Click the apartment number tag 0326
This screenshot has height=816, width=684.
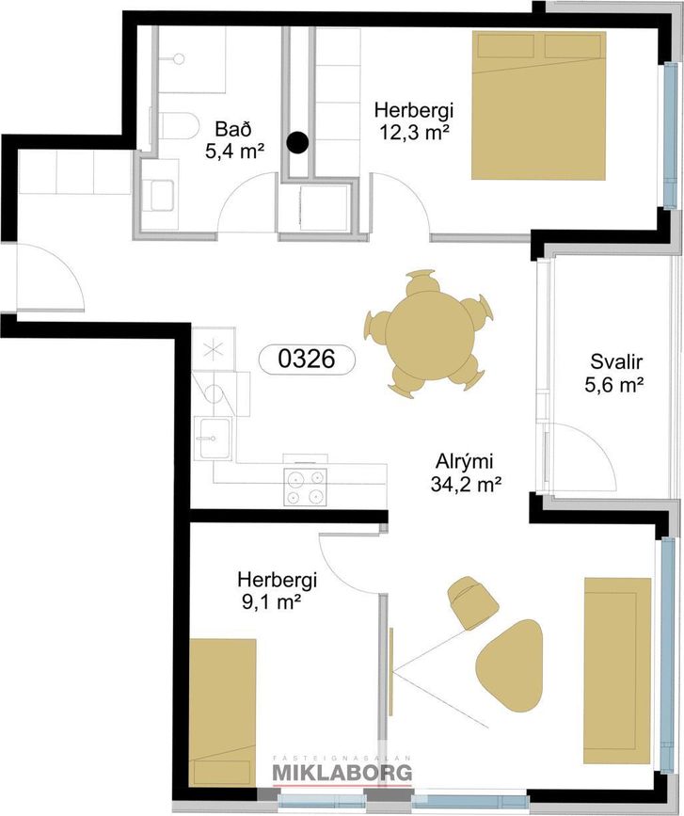click(307, 360)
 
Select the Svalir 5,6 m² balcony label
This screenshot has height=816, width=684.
click(615, 373)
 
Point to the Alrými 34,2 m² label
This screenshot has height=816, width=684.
click(466, 472)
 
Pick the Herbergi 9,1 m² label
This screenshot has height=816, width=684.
click(278, 590)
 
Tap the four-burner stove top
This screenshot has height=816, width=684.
click(306, 487)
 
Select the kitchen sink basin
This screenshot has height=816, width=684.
click(214, 439)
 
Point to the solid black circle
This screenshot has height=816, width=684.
click(298, 141)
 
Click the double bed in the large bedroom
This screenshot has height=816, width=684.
click(539, 105)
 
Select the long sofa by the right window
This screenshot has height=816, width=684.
click(617, 670)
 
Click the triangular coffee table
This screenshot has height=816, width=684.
click(510, 663)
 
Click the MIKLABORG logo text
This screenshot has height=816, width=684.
click(342, 773)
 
